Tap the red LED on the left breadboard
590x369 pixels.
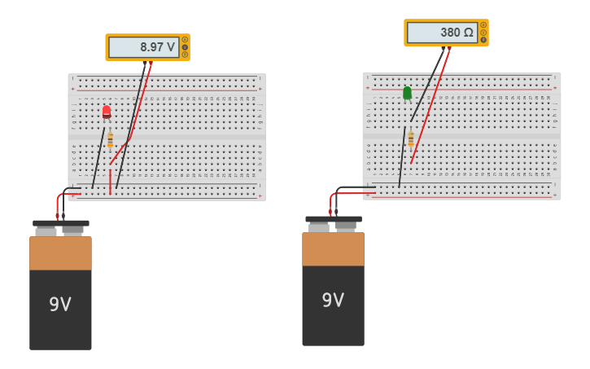(x=107, y=112)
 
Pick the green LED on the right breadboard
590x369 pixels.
(x=407, y=93)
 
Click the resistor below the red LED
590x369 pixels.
(x=110, y=140)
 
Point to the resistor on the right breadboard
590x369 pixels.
(x=411, y=138)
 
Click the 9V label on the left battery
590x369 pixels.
(x=60, y=304)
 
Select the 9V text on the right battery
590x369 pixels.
(x=333, y=300)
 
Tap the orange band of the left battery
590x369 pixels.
(x=60, y=253)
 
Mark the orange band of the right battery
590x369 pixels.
(x=333, y=249)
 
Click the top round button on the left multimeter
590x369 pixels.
(x=185, y=40)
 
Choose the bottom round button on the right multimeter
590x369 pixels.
(x=483, y=40)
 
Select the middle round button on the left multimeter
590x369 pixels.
(x=185, y=47)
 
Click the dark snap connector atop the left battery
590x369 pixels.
(x=61, y=223)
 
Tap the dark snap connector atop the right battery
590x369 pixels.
(x=334, y=219)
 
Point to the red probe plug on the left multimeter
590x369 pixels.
(x=151, y=63)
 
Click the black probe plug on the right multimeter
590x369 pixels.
(x=444, y=48)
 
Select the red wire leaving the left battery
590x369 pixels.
(x=58, y=204)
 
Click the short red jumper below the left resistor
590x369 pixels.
(x=110, y=181)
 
